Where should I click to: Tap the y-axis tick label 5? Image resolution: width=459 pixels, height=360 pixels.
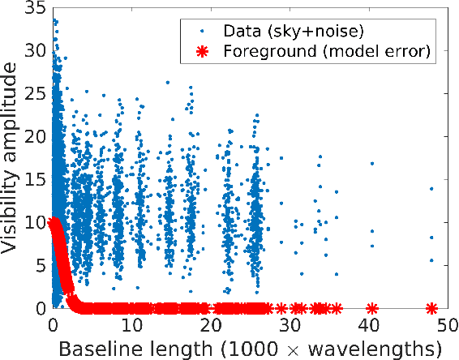[x=38, y=265]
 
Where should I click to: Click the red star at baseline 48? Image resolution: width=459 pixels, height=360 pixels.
[x=431, y=308]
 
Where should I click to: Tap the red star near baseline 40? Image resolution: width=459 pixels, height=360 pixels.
[x=372, y=308]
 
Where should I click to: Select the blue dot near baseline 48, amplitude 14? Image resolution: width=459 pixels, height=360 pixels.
[x=431, y=188]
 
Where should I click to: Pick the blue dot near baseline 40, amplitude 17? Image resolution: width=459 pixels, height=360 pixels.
[x=372, y=164]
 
